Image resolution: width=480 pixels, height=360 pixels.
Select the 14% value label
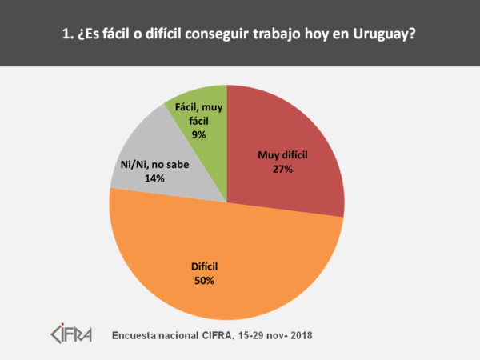pyautogui.click(x=154, y=179)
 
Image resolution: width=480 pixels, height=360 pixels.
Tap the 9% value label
pyautogui.click(x=198, y=135)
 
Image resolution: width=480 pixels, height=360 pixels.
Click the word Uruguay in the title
pyautogui.click(x=386, y=34)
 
